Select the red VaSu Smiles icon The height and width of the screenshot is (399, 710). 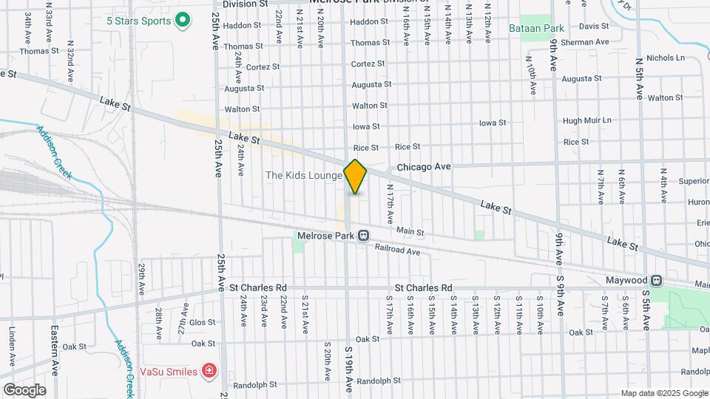click(x=210, y=370)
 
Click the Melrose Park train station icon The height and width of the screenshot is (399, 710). click(x=364, y=236)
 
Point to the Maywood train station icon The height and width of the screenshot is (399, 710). click(x=655, y=281)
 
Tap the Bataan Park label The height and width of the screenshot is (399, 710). click(x=536, y=29)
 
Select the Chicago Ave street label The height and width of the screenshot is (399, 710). click(x=424, y=167)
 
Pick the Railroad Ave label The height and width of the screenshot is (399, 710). click(x=397, y=252)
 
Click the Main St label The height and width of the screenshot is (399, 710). click(x=410, y=232)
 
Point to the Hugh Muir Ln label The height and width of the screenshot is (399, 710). click(x=587, y=120)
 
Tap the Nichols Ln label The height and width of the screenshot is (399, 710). click(x=666, y=58)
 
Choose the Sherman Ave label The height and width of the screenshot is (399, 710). click(x=584, y=43)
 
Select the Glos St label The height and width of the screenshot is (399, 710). click(x=202, y=322)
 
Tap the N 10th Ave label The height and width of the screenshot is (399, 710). click(x=532, y=80)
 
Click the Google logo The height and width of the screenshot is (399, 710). click(x=24, y=389)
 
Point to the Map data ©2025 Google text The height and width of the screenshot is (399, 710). click(x=663, y=393)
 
